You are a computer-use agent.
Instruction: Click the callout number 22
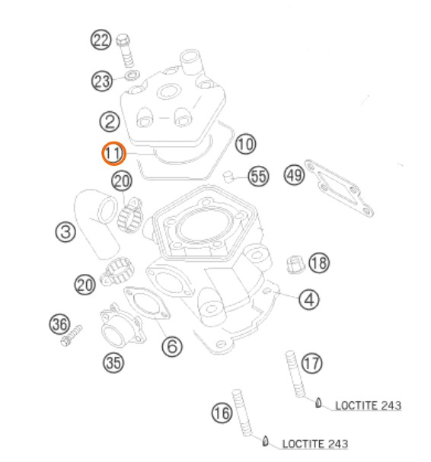click(x=101, y=40)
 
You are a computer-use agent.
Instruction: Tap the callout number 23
click(x=102, y=81)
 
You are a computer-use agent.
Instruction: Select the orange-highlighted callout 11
click(x=113, y=153)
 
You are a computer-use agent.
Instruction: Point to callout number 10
click(x=245, y=144)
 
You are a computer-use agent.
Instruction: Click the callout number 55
click(x=259, y=176)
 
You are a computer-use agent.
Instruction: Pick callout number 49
click(x=294, y=175)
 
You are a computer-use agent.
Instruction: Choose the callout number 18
click(x=319, y=263)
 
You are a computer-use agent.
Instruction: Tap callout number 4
click(x=309, y=300)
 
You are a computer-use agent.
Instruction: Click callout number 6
click(x=172, y=346)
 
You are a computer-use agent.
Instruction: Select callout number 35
click(x=113, y=362)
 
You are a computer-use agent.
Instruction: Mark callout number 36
click(x=60, y=323)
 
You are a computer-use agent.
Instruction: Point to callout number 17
click(x=312, y=363)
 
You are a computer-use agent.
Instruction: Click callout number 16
click(x=222, y=413)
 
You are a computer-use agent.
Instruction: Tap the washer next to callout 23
click(x=132, y=75)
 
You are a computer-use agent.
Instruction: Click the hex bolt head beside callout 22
click(x=123, y=40)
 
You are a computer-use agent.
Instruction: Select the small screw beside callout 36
click(x=72, y=336)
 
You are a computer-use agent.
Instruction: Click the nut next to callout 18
click(x=295, y=264)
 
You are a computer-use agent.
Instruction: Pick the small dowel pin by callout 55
click(x=228, y=176)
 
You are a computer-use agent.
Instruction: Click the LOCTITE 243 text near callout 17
click(x=369, y=406)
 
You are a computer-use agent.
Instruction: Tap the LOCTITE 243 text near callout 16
click(x=315, y=444)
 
